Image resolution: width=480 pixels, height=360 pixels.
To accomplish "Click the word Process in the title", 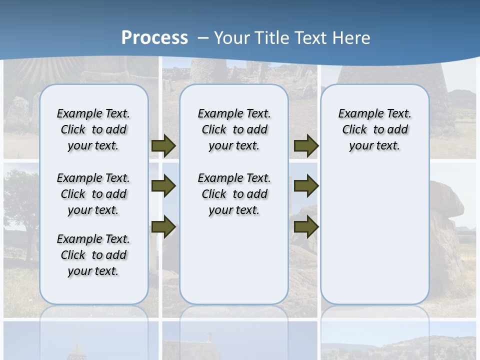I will pyautogui.click(x=154, y=37).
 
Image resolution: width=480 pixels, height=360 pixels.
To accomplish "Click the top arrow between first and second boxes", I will pyautogui.click(x=163, y=145).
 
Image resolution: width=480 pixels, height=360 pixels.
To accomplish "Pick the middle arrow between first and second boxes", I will pyautogui.click(x=163, y=186).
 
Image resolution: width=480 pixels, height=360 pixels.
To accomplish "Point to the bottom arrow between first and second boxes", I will pyautogui.click(x=163, y=226).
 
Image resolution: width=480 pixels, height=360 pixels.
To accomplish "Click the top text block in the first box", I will pyautogui.click(x=93, y=129).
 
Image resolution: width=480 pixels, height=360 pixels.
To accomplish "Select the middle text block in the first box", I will pyautogui.click(x=93, y=194).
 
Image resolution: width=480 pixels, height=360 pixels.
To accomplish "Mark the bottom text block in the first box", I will pyautogui.click(x=93, y=255).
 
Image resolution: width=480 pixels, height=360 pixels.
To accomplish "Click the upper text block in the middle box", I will pyautogui.click(x=234, y=129).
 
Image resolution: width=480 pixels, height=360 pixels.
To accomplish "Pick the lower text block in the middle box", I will pyautogui.click(x=234, y=194).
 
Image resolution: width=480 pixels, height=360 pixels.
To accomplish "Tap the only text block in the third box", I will pyautogui.click(x=374, y=129).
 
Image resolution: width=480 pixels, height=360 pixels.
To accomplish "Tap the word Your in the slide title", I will pyautogui.click(x=232, y=38).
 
